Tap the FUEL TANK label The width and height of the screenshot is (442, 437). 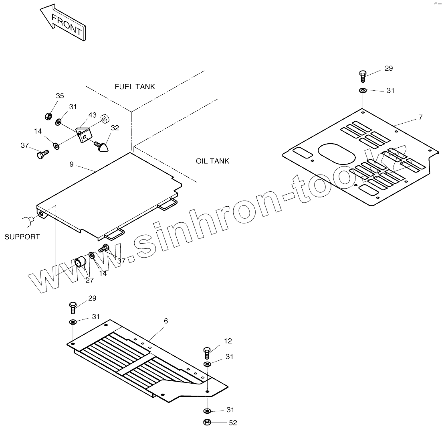135,87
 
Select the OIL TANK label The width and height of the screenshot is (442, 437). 212,161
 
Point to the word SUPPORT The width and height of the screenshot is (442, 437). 22,237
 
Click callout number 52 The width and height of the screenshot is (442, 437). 233,423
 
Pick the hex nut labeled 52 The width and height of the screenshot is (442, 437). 207,422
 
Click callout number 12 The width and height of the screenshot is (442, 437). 228,341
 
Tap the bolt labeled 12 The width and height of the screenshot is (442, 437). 207,352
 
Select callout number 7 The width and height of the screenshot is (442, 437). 420,117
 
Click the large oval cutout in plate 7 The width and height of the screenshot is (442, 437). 337,154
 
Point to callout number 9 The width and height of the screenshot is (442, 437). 71,164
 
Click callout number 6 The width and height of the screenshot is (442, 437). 166,321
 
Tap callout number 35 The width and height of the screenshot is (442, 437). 60,96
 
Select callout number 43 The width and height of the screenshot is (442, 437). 93,115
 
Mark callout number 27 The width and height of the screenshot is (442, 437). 89,280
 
